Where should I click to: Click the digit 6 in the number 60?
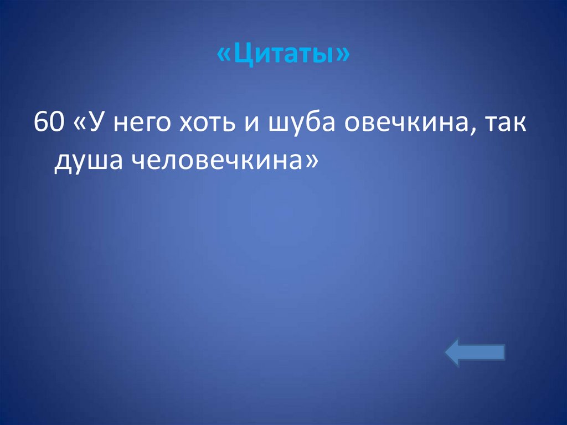pos(42,122)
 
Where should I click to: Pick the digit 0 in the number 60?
pos(56,122)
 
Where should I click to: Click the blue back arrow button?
pos(475,352)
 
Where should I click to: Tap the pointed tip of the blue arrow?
pos(447,352)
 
